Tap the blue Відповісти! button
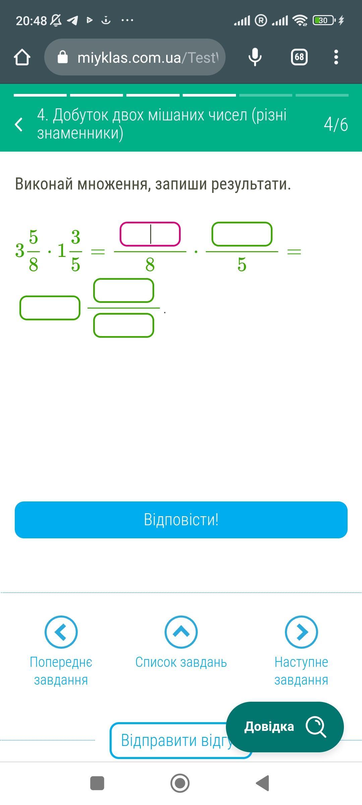pyautogui.click(x=181, y=520)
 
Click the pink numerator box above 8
pyautogui.click(x=150, y=234)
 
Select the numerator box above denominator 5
pyautogui.click(x=242, y=234)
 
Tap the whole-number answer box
pyautogui.click(x=50, y=308)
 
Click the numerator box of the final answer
pyautogui.click(x=123, y=290)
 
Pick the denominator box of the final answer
pyautogui.click(x=123, y=325)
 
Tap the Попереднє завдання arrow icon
pyautogui.click(x=61, y=632)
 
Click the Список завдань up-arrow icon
pyautogui.click(x=181, y=632)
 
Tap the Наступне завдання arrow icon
pyautogui.click(x=301, y=632)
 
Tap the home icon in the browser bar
pyautogui.click(x=22, y=57)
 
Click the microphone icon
pyautogui.click(x=255, y=57)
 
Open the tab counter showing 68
pyautogui.click(x=299, y=57)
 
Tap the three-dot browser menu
pyautogui.click(x=336, y=57)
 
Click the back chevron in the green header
pyautogui.click(x=19, y=124)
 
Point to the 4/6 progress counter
pyautogui.click(x=336, y=124)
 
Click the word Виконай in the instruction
pyautogui.click(x=44, y=184)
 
